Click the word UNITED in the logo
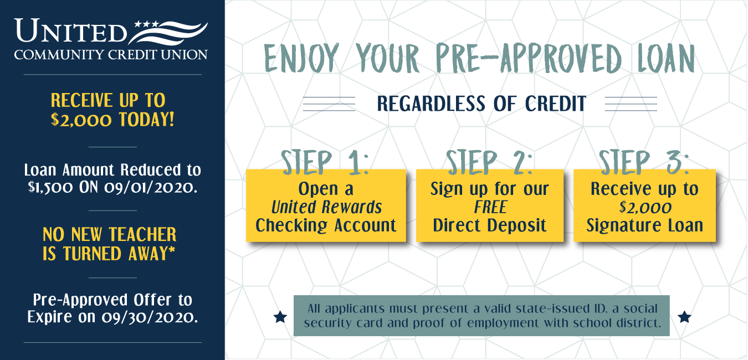click(71, 30)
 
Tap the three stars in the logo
click(146, 24)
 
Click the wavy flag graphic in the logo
click(168, 33)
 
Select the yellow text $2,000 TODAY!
click(112, 120)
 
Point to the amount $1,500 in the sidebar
click(50, 187)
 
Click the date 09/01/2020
click(151, 187)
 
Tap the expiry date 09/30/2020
click(150, 317)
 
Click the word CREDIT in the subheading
click(556, 104)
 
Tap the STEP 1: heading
click(325, 162)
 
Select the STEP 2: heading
click(490, 162)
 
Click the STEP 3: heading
click(644, 162)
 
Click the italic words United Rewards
click(326, 207)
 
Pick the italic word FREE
click(490, 207)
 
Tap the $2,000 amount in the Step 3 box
click(645, 208)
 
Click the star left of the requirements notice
click(280, 317)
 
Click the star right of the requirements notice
click(684, 317)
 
